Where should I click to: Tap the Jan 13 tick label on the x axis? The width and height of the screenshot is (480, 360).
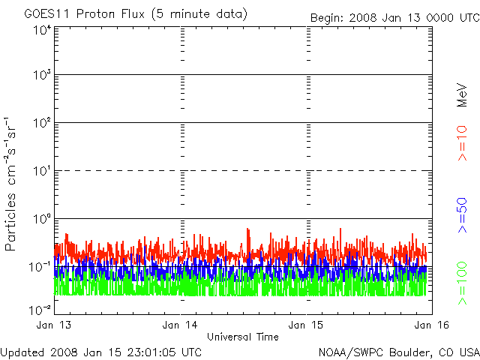click(x=54, y=325)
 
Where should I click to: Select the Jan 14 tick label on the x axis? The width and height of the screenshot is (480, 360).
click(x=180, y=325)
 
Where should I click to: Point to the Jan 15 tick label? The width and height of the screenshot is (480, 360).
click(x=307, y=325)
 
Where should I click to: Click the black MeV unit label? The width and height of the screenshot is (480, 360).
click(x=463, y=96)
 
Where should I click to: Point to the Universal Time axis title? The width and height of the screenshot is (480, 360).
click(x=243, y=337)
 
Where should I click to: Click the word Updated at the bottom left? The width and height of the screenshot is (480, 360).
click(x=22, y=352)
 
